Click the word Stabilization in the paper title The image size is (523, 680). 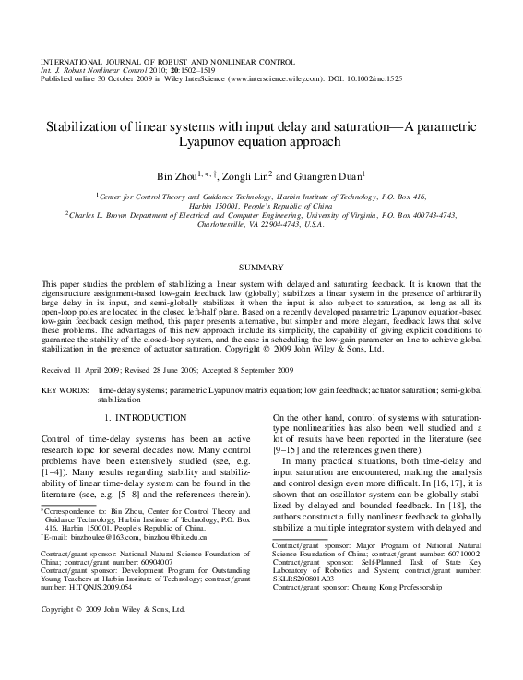pos(87,127)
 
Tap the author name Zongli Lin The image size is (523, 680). pos(248,176)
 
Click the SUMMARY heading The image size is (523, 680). pos(260,266)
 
